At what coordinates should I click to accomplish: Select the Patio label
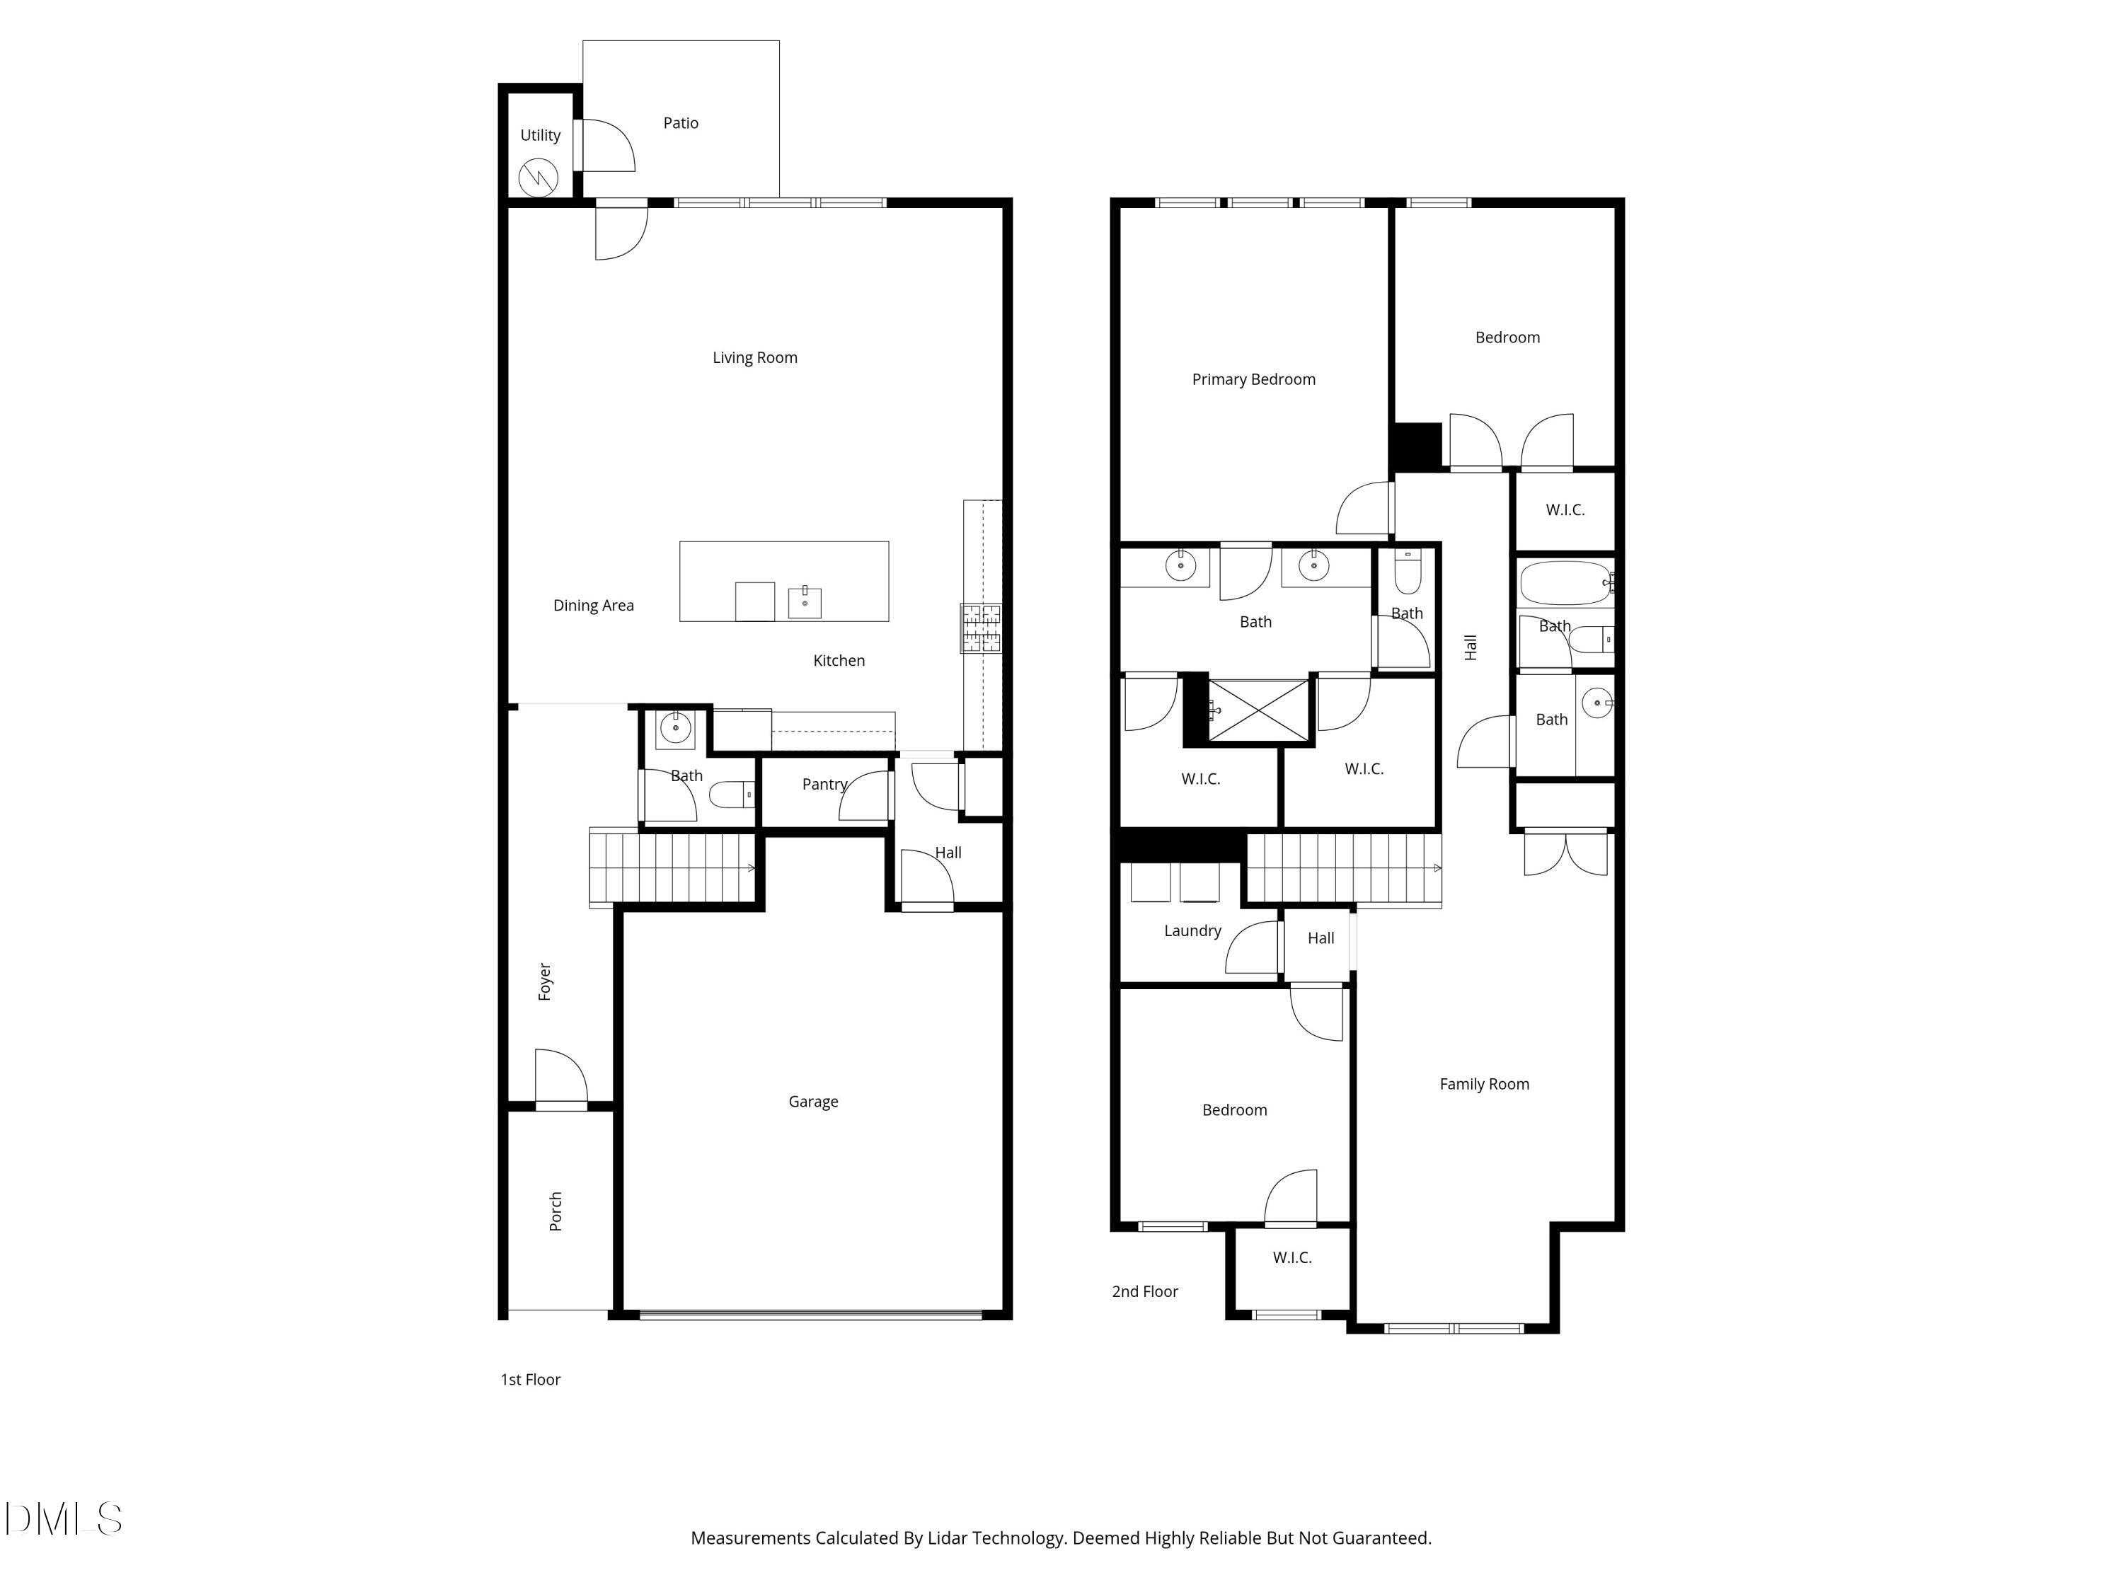pyautogui.click(x=681, y=123)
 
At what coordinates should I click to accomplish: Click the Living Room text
pyautogui.click(x=754, y=358)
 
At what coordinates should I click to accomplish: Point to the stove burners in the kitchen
pyautogui.click(x=981, y=628)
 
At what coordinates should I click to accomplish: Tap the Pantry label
pyautogui.click(x=824, y=784)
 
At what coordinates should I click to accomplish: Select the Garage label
pyautogui.click(x=813, y=1102)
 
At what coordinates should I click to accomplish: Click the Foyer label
pyautogui.click(x=545, y=981)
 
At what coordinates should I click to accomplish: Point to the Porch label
pyautogui.click(x=556, y=1211)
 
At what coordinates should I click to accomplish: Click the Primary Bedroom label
pyautogui.click(x=1253, y=379)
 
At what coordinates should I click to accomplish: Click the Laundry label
pyautogui.click(x=1192, y=931)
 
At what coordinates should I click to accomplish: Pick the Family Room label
pyautogui.click(x=1484, y=1085)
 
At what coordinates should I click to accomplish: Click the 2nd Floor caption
pyautogui.click(x=1144, y=1291)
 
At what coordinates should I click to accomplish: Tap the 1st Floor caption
pyautogui.click(x=530, y=1380)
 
